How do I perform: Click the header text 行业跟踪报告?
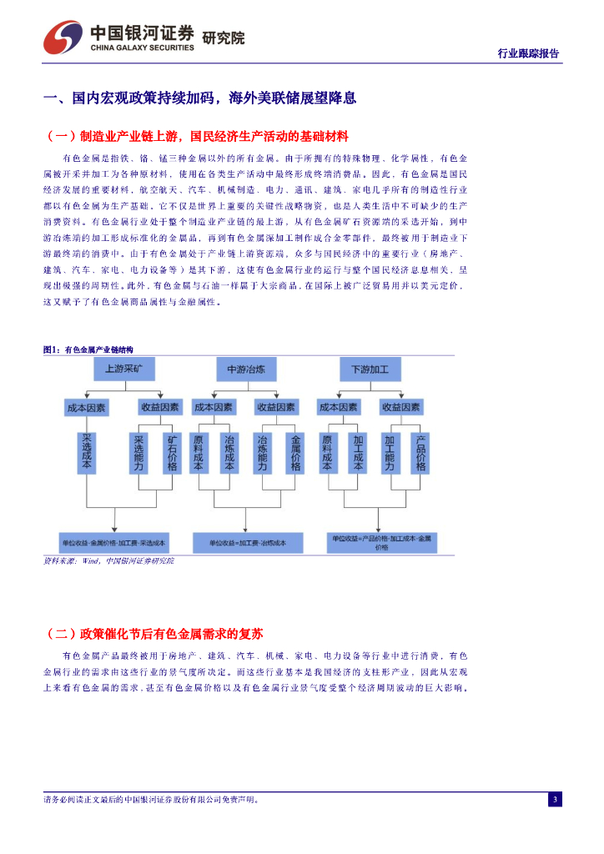(x=528, y=53)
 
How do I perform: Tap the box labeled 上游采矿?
(x=123, y=369)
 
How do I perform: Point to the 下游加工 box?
(x=370, y=369)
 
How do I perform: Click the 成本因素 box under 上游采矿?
(x=87, y=408)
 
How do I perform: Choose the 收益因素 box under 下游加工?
(x=400, y=408)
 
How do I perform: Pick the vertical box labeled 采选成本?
(x=88, y=453)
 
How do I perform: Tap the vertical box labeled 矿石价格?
(x=172, y=453)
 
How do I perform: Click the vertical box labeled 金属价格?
(x=295, y=453)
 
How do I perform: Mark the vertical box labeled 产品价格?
(x=421, y=453)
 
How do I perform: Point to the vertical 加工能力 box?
(x=390, y=453)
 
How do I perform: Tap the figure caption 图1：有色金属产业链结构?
(x=88, y=349)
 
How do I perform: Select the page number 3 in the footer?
(x=555, y=800)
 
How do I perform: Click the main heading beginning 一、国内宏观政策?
(x=200, y=98)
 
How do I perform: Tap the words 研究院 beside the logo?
(x=224, y=38)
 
